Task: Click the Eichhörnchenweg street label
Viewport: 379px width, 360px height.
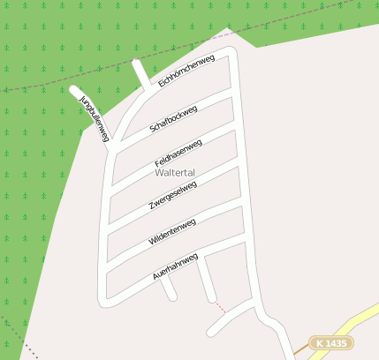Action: tap(186, 71)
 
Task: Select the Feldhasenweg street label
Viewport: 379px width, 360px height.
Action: tap(178, 153)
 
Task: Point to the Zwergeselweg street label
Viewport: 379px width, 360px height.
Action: tap(172, 196)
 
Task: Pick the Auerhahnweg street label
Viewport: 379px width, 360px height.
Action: tap(175, 266)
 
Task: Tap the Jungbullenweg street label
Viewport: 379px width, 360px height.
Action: tap(95, 117)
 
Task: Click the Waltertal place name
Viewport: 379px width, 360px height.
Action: tap(174, 173)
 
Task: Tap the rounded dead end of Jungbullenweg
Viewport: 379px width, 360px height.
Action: tap(73, 89)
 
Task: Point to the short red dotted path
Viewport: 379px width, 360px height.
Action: tap(221, 307)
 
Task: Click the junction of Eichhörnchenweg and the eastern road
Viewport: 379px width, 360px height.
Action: tap(234, 53)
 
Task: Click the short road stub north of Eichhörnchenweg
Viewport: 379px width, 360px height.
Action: tap(140, 75)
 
